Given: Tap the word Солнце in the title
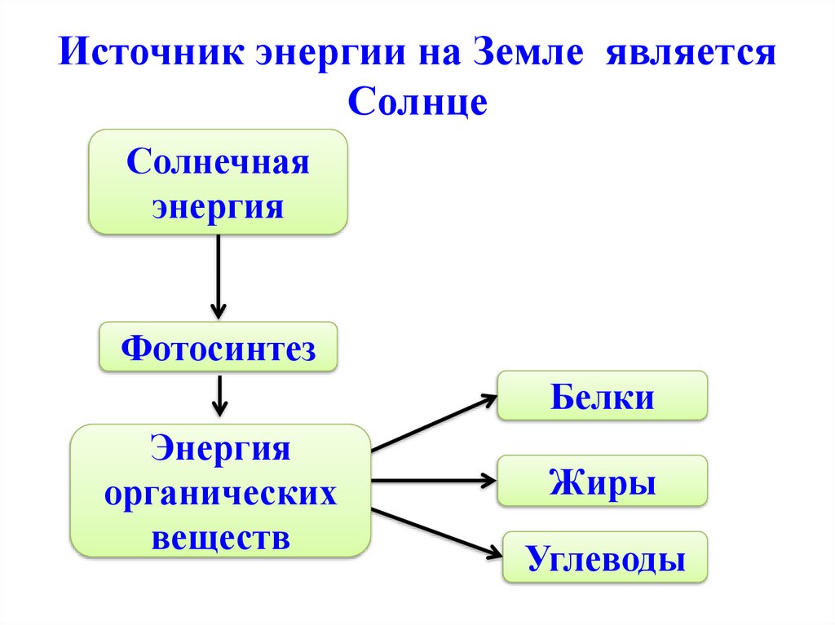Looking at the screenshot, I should point(417,103).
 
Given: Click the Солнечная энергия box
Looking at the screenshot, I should point(218,182).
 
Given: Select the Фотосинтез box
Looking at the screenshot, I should point(218,348).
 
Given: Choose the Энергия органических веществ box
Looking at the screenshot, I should point(220,491).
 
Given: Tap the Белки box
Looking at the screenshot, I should point(603,397).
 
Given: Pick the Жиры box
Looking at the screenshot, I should point(603,482).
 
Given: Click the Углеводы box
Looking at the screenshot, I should point(604,557).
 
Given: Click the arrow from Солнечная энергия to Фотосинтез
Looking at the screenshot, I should point(218,277).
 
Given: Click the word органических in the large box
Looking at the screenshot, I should point(220,493).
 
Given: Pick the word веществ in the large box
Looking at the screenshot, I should point(220,537).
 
